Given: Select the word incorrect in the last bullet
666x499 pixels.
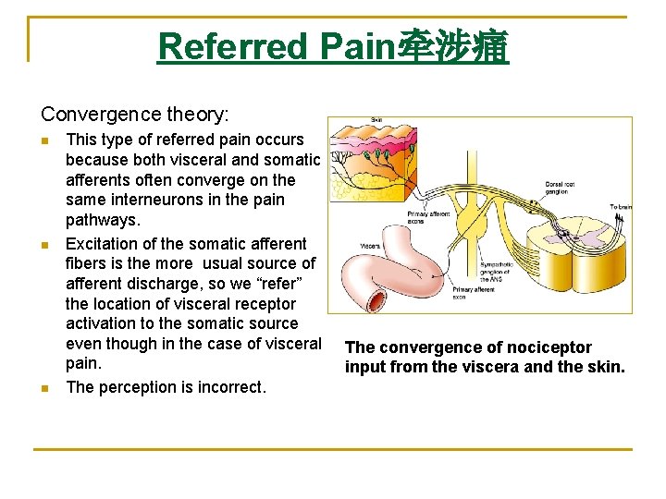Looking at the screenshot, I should tap(231, 387).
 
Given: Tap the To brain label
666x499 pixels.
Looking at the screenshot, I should tap(619, 207).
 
